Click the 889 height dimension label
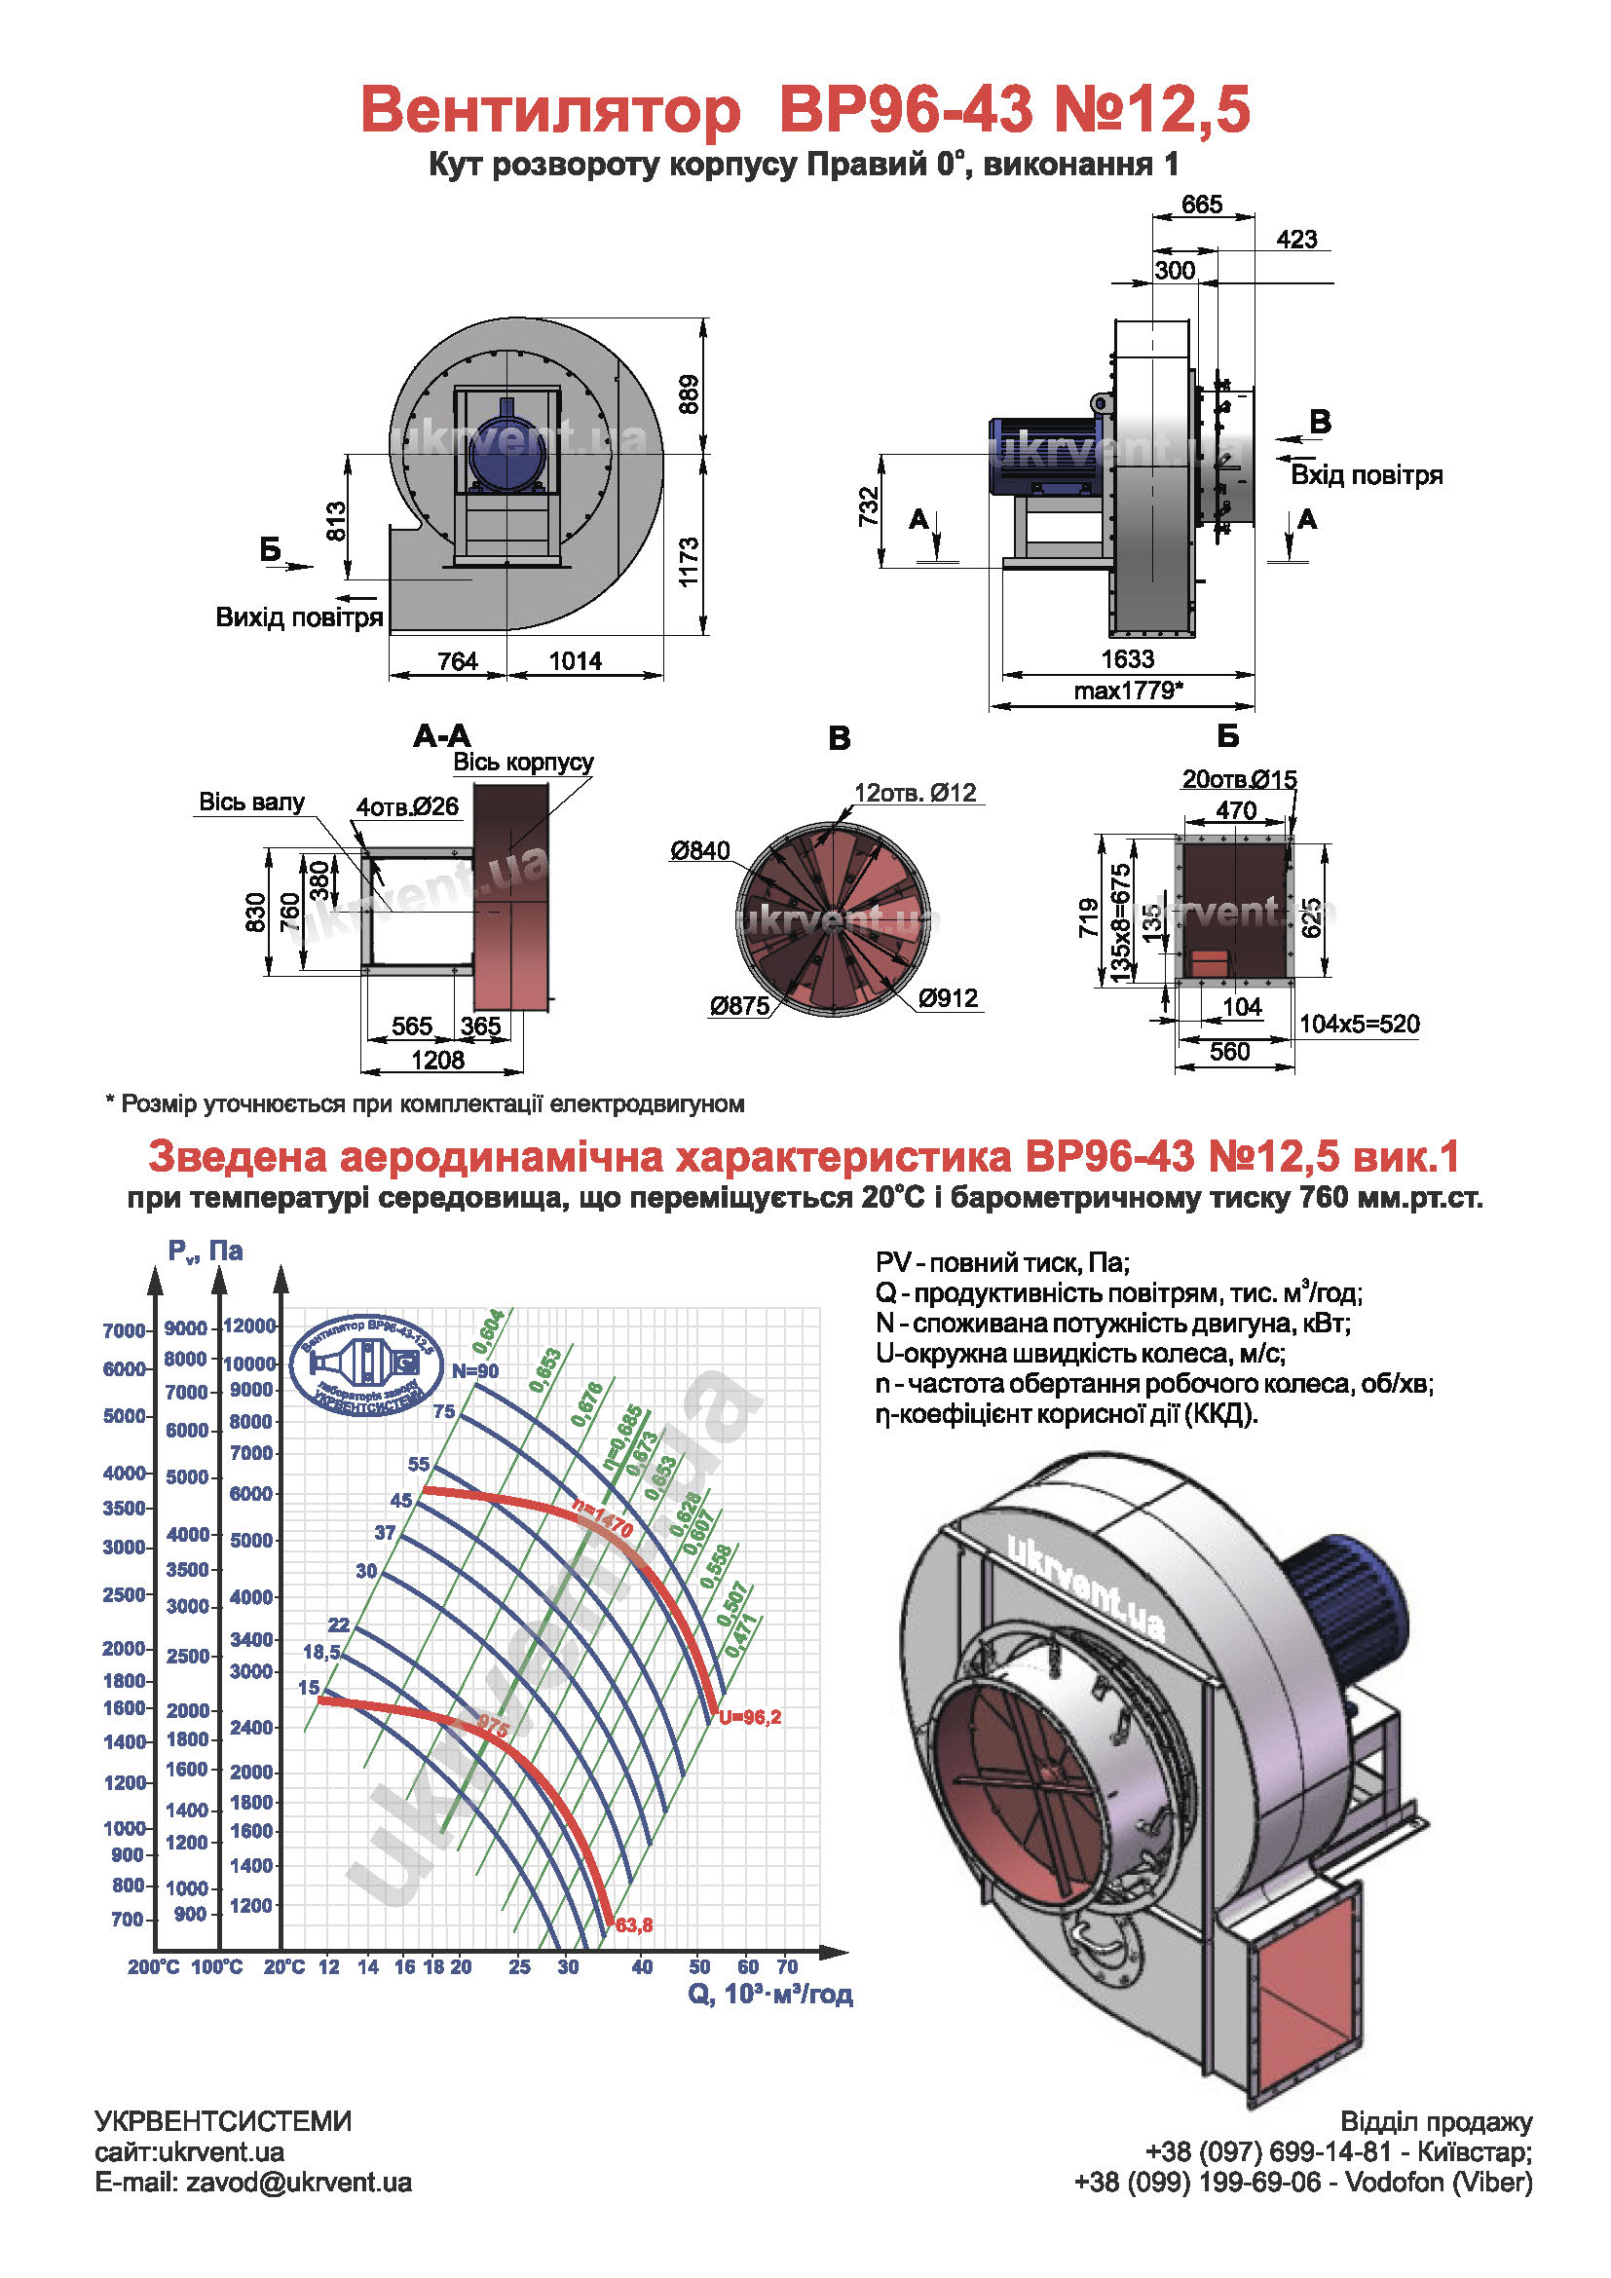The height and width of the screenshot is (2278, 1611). [690, 393]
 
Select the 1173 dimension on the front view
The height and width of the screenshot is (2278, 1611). [690, 562]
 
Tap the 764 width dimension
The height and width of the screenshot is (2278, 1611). [458, 660]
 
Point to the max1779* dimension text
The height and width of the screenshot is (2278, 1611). [1128, 691]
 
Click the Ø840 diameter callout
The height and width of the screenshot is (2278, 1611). [700, 850]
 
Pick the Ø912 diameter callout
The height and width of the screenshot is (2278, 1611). [949, 998]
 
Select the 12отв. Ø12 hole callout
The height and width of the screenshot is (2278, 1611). [916, 793]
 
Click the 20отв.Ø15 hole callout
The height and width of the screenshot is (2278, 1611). [1239, 779]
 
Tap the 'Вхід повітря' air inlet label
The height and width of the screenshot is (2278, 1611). [1366, 475]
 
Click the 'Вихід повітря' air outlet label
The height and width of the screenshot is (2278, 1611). [300, 617]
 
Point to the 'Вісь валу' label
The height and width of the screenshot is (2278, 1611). [252, 802]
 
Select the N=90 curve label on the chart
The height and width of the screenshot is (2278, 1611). [475, 1371]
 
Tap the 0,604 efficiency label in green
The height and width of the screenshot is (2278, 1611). [488, 1331]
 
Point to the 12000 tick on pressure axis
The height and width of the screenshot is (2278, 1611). [250, 1326]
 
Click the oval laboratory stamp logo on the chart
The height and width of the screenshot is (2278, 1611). [366, 1364]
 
